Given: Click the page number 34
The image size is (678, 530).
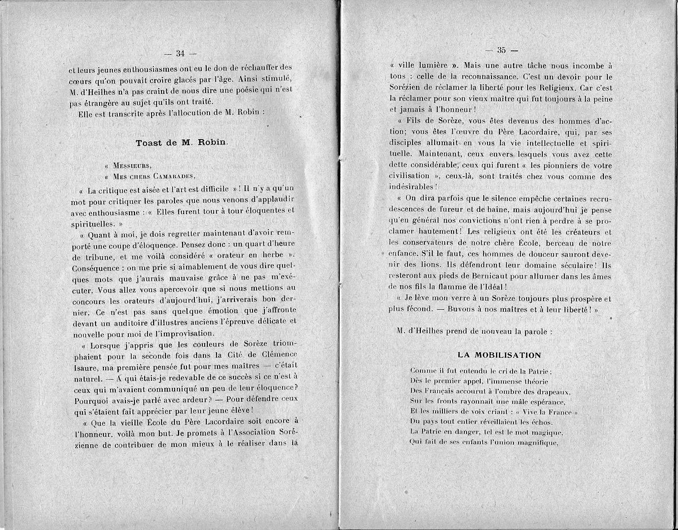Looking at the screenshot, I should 181,54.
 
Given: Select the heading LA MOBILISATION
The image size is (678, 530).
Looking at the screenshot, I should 499,355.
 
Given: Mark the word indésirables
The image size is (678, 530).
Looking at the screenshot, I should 412,186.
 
